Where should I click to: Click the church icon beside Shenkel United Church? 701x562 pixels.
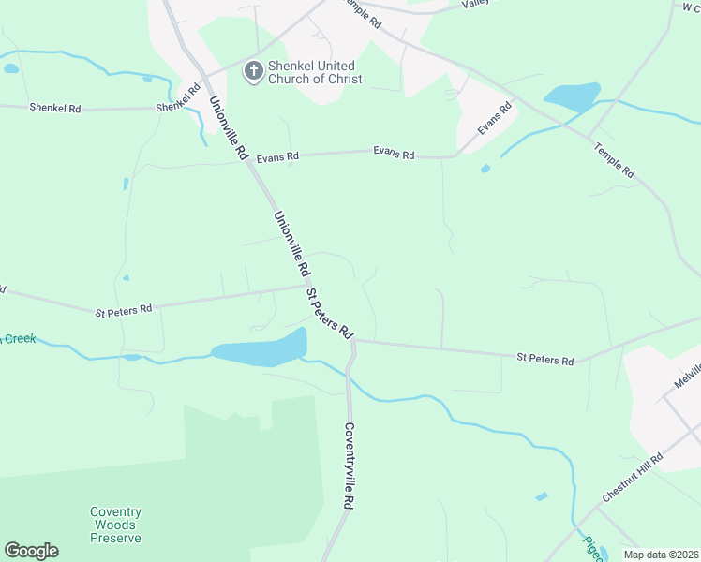tap(253, 71)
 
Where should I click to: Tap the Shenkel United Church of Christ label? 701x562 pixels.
tap(311, 72)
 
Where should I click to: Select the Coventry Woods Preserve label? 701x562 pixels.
tap(115, 525)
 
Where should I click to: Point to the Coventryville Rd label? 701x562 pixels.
tap(349, 466)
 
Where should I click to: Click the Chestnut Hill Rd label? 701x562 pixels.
tap(633, 478)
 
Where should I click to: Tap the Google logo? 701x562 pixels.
tap(31, 551)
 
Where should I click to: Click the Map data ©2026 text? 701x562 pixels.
tap(661, 555)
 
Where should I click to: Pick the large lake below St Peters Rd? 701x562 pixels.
tap(261, 348)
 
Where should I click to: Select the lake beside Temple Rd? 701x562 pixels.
tap(572, 96)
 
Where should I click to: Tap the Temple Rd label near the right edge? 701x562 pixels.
tap(615, 159)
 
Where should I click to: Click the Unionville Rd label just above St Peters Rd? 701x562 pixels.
tap(291, 242)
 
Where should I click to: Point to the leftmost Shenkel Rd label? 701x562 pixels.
tap(54, 109)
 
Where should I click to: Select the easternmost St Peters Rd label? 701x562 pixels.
tap(544, 359)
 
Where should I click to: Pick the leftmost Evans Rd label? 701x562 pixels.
tap(277, 157)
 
